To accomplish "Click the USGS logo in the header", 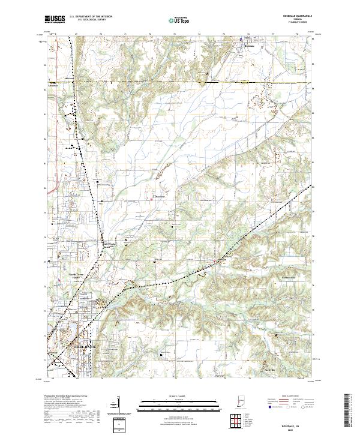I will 55,19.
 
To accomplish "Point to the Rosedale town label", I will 251,46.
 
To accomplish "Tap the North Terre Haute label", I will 76,276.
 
